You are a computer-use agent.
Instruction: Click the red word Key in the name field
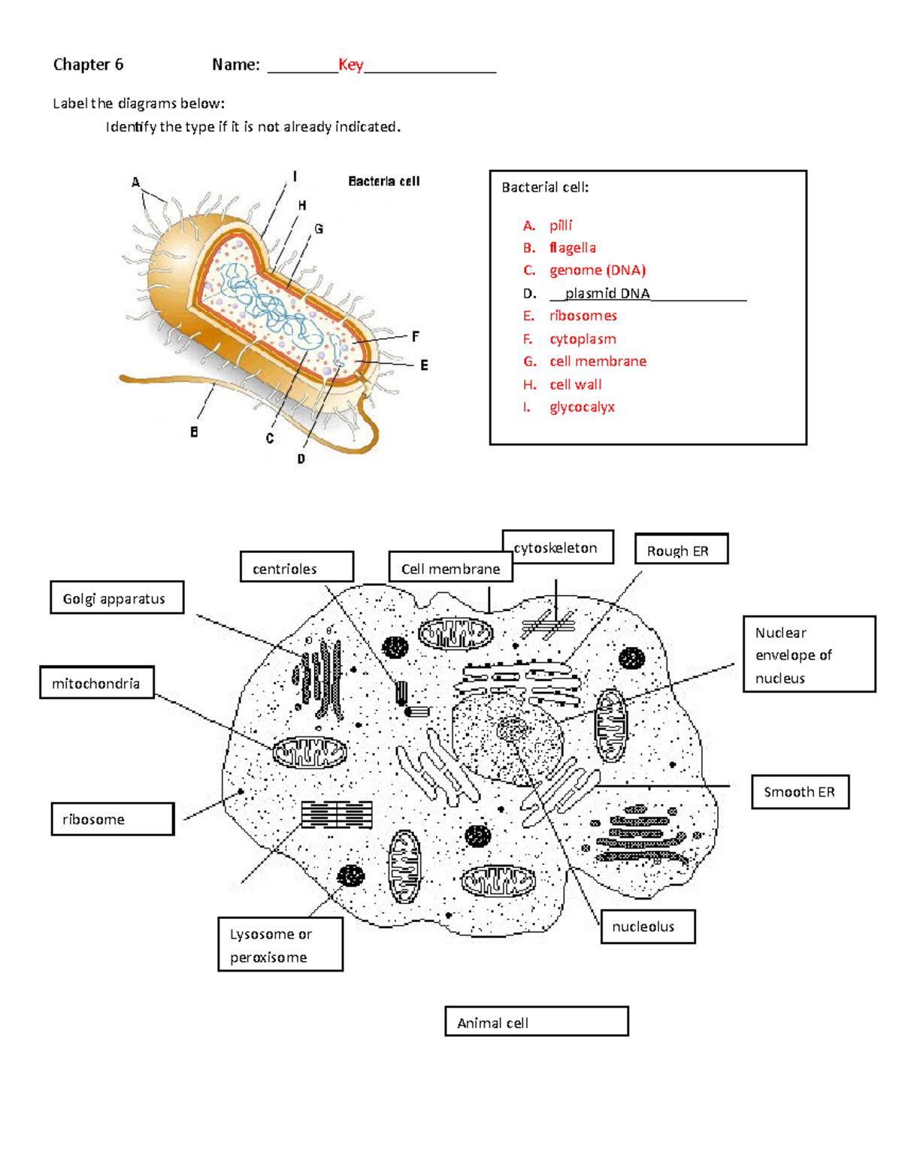[350, 65]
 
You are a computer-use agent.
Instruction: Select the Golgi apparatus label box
[117, 598]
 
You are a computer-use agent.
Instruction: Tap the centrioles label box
[296, 567]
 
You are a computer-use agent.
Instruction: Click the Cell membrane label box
[450, 568]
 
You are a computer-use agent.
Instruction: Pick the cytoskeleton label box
[557, 547]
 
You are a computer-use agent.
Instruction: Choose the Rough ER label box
[681, 550]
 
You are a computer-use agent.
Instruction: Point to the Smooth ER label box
[800, 792]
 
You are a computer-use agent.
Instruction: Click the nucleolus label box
[647, 927]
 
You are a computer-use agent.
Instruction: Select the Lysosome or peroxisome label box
[280, 945]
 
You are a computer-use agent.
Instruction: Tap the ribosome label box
[112, 819]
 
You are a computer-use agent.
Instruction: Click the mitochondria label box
[96, 683]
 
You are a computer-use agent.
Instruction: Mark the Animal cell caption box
[536, 1022]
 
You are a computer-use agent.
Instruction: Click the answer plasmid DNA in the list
[607, 293]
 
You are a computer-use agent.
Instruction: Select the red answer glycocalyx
[582, 407]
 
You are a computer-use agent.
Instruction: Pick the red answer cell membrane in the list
[598, 361]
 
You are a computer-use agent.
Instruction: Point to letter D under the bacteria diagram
[301, 458]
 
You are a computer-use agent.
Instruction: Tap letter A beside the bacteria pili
[136, 182]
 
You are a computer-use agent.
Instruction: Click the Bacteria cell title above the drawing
[383, 181]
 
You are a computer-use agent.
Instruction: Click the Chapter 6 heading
[88, 65]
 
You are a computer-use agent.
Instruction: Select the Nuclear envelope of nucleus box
[809, 654]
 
